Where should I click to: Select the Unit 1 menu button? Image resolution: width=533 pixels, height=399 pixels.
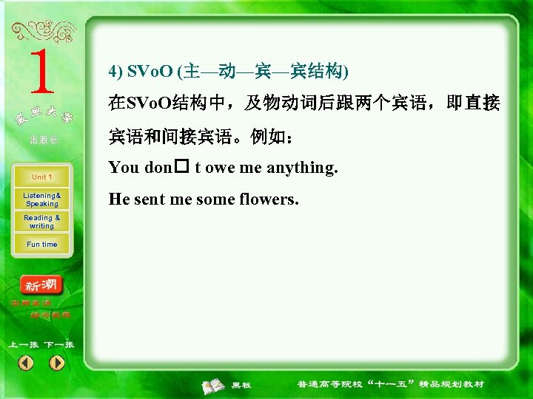pos(41,177)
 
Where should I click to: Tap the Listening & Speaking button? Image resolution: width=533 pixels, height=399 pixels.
pos(41,199)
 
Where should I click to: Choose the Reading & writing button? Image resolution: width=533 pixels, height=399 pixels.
pos(41,222)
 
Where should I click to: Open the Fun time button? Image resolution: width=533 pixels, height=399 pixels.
pos(41,245)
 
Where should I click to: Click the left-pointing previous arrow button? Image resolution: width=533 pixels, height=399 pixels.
pos(26,363)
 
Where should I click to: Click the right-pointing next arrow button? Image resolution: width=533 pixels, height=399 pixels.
pos(57,363)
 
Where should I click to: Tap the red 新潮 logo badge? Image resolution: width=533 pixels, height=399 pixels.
pos(42,285)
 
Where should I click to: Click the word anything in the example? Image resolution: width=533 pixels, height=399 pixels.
pos(301,168)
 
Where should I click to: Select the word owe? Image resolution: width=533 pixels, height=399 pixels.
pos(221,168)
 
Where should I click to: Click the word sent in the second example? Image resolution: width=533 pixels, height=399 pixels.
pos(151,199)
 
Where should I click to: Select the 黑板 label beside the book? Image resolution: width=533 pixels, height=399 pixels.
pos(241,385)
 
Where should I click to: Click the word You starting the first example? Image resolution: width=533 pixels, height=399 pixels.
pos(124,168)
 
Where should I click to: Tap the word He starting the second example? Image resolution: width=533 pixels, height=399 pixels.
pos(118,199)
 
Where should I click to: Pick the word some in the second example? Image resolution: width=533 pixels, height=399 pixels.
pos(215,199)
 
